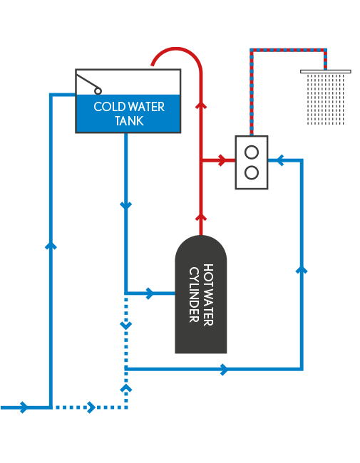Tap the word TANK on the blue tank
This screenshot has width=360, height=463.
pos(129,121)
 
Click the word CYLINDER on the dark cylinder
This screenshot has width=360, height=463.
pos(194,294)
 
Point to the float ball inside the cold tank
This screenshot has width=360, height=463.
pos(98,91)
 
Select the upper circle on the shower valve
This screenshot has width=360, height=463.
pos(252,152)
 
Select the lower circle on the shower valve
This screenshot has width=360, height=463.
pos(252,173)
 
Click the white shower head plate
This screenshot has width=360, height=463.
pos(325,71)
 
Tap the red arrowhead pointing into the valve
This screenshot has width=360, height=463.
pos(222,160)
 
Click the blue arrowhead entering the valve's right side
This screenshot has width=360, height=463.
pos(280,160)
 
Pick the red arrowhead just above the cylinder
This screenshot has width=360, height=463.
pos(201,218)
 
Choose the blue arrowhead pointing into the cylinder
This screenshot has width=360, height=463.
pos(150,293)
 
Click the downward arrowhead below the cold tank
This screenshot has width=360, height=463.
pos(126,205)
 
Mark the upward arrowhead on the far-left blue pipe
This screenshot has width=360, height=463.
pos(51,246)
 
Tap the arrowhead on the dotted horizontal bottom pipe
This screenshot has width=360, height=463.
pos(92,407)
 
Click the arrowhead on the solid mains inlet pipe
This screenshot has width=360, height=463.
pos(24,407)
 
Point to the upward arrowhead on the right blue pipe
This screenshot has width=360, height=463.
pos(302,269)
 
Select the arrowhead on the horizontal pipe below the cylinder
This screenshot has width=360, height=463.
pos(225,370)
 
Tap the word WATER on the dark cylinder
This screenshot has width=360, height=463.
pos(208,294)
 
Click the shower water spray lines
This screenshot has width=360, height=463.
pos(325,99)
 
